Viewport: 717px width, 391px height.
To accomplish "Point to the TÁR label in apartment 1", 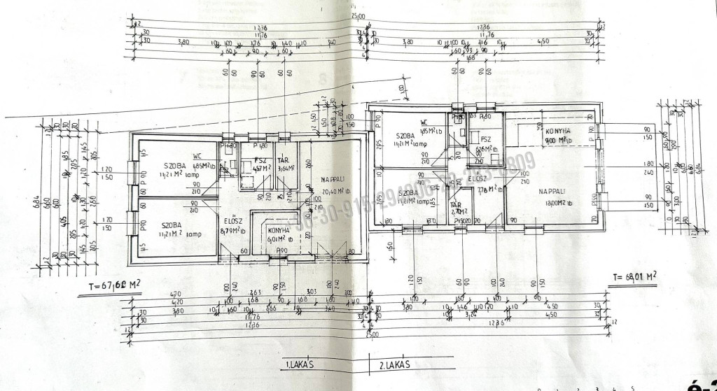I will coord(284,159).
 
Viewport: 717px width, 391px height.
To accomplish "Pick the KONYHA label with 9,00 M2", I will coord(557,131).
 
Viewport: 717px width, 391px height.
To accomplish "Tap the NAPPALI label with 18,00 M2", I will coord(553,191).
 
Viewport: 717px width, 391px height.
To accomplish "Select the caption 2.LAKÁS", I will coord(394,364).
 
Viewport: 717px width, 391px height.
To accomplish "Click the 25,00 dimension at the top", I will coord(359,17).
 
